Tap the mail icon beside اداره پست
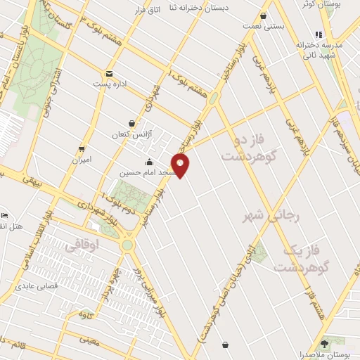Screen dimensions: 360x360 click(x=109, y=74)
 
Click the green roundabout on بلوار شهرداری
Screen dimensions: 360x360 click(x=128, y=245)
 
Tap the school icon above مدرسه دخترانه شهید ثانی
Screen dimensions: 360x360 click(x=319, y=34)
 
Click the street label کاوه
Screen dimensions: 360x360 click(x=86, y=314)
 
